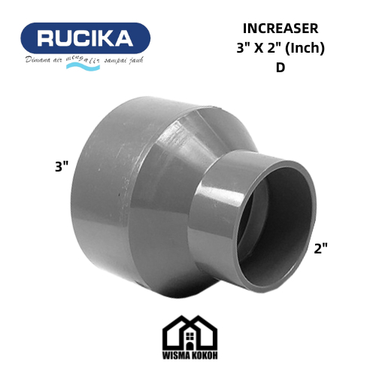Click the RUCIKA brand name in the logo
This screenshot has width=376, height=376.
coord(85,38)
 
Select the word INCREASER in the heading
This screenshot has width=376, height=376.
coord(280,29)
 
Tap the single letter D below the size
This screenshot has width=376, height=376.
coord(280,68)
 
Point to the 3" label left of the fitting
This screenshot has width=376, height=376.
coord(62,167)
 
